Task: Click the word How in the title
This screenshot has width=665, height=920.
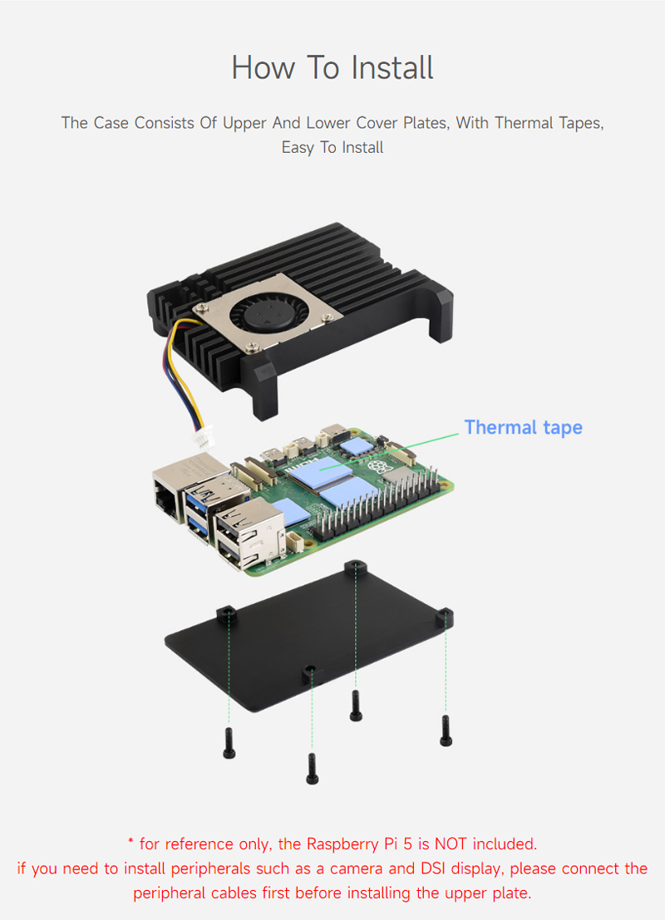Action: [x=262, y=67]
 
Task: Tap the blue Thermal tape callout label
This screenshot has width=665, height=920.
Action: [x=523, y=427]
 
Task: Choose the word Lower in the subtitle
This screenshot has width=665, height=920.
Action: [x=329, y=123]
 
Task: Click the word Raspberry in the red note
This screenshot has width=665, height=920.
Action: [x=339, y=844]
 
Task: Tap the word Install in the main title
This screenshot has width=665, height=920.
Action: [x=392, y=67]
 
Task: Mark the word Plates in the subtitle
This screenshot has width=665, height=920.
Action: [x=457, y=123]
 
